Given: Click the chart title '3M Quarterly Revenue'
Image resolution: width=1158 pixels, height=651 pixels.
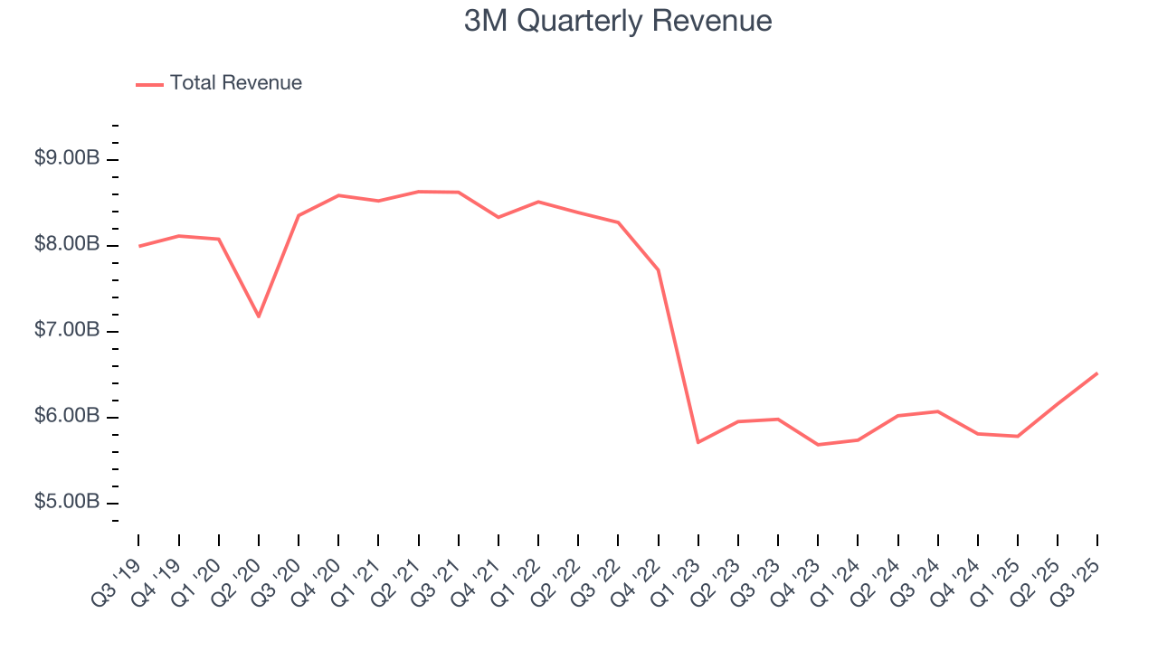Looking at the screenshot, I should (618, 21).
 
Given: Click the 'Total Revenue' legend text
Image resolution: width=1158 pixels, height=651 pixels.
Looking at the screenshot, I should (235, 83).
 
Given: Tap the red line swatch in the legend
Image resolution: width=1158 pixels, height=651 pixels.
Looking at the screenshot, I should (149, 84).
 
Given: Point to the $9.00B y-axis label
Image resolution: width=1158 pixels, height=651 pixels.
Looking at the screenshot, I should (67, 158).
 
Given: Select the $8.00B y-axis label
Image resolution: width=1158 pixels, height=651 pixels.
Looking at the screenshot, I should (67, 244).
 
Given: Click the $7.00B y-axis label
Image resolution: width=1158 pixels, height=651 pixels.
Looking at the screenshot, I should (67, 330).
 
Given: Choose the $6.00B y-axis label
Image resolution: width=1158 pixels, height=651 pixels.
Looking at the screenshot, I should (67, 416).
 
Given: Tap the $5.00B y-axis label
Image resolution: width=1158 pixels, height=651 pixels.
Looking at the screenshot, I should (67, 502).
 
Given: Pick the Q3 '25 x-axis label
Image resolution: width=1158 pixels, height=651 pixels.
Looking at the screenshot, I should (1078, 579).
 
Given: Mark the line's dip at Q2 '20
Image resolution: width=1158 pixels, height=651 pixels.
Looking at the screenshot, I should (259, 316).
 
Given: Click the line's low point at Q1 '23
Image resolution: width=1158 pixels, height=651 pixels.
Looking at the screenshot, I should (698, 442).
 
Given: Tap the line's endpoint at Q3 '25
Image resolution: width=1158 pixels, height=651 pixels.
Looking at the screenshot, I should (1096, 373).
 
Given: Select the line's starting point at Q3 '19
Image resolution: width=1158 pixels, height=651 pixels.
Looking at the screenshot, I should (139, 246).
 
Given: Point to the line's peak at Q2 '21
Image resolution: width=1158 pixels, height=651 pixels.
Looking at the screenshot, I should (418, 192).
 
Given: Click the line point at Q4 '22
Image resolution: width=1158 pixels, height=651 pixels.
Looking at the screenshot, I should (658, 270).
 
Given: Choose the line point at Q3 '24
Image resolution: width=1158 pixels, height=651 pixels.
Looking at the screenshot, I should (937, 411).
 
